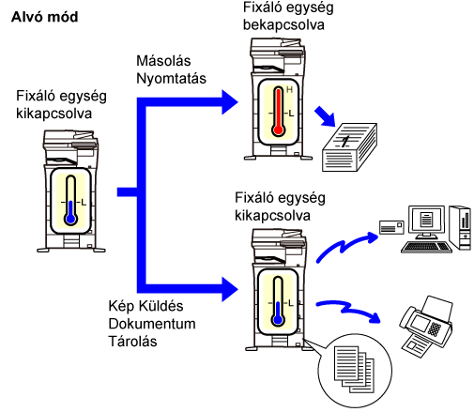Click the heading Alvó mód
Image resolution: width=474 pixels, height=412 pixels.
pyautogui.click(x=44, y=17)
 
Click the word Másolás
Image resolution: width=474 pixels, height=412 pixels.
pyautogui.click(x=163, y=61)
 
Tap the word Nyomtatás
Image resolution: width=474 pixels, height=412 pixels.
pyautogui.click(x=171, y=78)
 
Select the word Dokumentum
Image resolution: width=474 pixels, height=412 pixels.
pyautogui.click(x=152, y=324)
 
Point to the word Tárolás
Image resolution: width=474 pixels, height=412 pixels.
pyautogui.click(x=132, y=341)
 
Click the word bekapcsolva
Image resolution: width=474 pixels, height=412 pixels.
pyautogui.click(x=283, y=24)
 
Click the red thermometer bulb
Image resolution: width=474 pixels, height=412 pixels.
pyautogui.click(x=278, y=130)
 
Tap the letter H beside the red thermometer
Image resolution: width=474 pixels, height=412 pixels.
pyautogui.click(x=289, y=90)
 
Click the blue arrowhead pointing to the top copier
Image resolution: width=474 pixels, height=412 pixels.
pyautogui.click(x=230, y=102)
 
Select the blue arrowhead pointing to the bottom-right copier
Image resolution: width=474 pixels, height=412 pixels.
pyautogui.click(x=230, y=289)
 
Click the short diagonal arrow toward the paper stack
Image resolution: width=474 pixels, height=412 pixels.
pyautogui.click(x=325, y=116)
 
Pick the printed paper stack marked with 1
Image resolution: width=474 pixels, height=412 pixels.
pyautogui.click(x=349, y=147)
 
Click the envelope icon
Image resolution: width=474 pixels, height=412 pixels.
pyautogui.click(x=391, y=227)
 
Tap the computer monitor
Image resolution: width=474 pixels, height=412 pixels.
pyautogui.click(x=426, y=221)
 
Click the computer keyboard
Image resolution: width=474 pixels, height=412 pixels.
pyautogui.click(x=426, y=247)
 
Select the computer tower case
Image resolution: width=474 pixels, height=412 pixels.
pyautogui.click(x=460, y=228)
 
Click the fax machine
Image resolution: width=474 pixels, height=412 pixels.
pyautogui.click(x=426, y=327)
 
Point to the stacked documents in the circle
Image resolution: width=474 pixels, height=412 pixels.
pyautogui.click(x=354, y=369)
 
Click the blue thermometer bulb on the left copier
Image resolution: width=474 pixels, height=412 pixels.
pyautogui.click(x=71, y=219)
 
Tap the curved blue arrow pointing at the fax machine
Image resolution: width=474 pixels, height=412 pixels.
pyautogui.click(x=348, y=311)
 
